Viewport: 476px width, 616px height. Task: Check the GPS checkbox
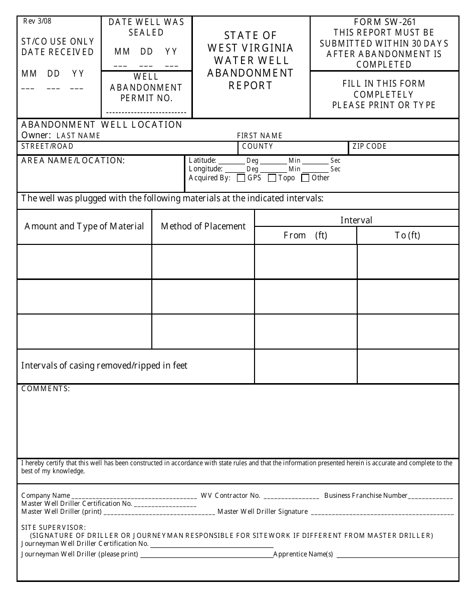241,178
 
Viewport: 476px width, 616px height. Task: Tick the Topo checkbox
272,178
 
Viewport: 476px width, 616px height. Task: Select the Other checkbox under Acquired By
305,178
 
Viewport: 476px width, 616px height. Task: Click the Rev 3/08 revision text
37,21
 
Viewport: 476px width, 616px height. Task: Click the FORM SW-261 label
384,22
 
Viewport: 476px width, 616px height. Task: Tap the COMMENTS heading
46,389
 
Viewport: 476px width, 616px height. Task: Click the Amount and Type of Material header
84,226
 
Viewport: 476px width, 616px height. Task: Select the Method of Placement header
203,226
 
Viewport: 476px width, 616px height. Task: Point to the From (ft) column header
305,235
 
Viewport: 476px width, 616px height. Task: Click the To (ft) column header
407,235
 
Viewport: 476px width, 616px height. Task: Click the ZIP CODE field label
369,146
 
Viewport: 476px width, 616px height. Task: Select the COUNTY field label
258,146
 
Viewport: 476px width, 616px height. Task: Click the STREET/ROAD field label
47,146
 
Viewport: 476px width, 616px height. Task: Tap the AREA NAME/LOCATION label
73,160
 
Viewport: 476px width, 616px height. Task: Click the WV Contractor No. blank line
291,497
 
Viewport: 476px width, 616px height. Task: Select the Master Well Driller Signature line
382,513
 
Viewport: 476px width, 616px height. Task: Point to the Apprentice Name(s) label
303,554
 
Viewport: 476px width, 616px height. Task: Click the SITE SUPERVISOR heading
54,527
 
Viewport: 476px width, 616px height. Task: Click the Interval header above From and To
356,220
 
